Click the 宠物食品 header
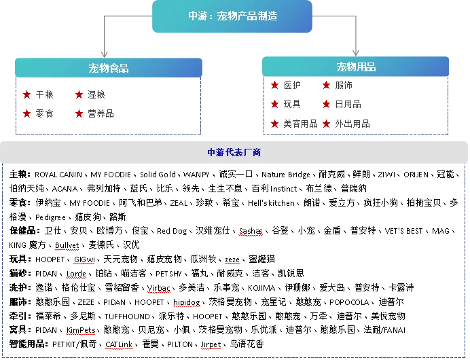click(109, 68)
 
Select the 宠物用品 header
click(356, 67)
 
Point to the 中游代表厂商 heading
click(234, 153)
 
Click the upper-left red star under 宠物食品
click(27, 94)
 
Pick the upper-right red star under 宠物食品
click(79, 94)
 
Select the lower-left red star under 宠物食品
click(27, 113)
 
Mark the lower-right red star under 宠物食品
click(79, 113)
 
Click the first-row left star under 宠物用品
click(275, 86)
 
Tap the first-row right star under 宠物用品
click(327, 86)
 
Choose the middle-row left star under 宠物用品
click(275, 104)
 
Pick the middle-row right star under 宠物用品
click(327, 104)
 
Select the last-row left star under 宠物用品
click(275, 124)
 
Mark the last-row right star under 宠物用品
click(327, 124)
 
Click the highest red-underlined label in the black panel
click(250, 236)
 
